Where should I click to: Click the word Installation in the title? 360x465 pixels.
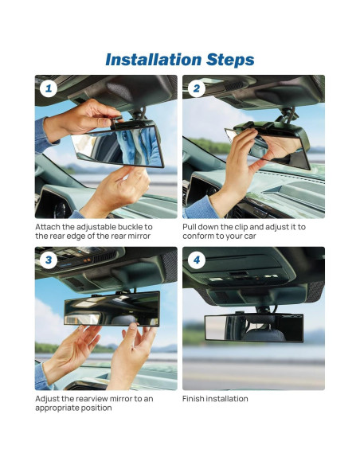pos(149,60)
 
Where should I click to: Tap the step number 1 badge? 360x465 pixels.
pos(49,88)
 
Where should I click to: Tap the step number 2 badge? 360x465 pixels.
pos(196,88)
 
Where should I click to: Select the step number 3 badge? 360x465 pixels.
pos(49,260)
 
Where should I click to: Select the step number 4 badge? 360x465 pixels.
pos(196,260)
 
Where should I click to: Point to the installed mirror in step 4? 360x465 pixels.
pos(253,327)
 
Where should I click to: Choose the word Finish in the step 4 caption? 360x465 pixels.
pos(194,399)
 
